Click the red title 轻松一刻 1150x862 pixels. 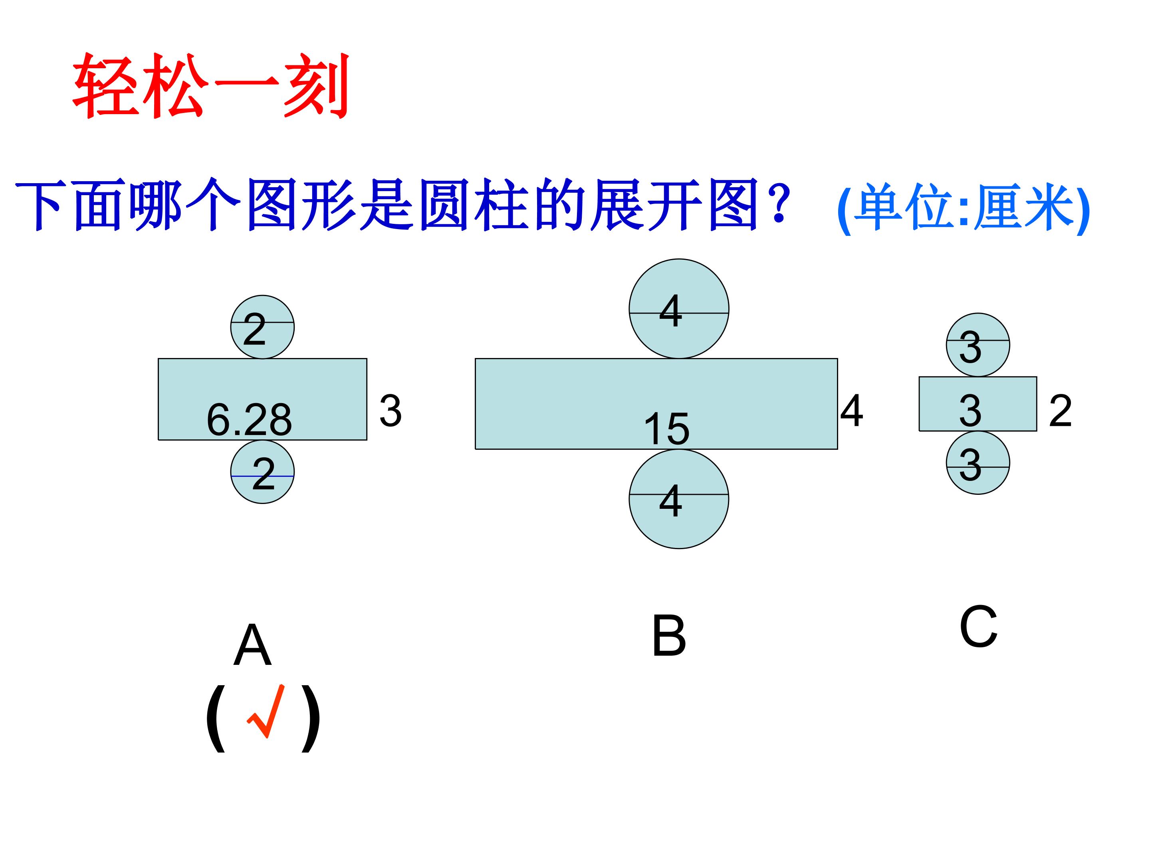(210, 86)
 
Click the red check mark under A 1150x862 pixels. (266, 711)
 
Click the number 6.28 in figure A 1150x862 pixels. (249, 419)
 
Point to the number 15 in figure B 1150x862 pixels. (666, 429)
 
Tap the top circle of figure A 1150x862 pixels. (263, 327)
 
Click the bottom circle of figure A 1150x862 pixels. (263, 472)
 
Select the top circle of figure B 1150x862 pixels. (678, 308)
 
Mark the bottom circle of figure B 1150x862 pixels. (678, 499)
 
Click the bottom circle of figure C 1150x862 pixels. (978, 463)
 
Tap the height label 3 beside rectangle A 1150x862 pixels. (391, 411)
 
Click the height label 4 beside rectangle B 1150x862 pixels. (852, 411)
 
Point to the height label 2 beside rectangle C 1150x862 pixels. (1060, 411)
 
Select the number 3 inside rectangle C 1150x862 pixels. (970, 411)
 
